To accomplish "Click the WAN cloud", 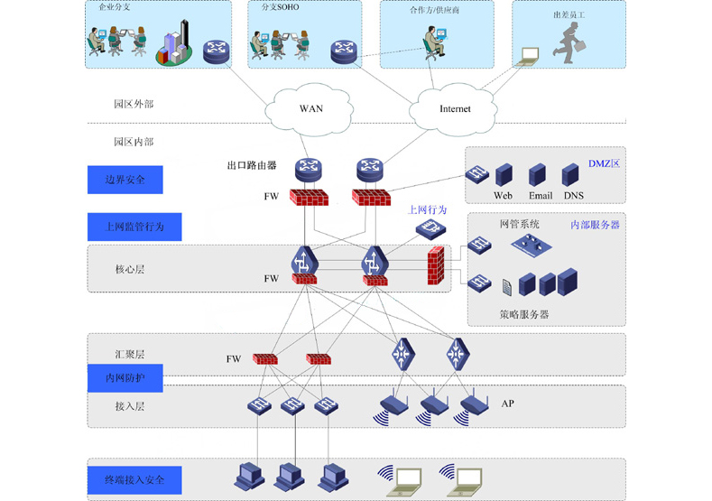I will click(x=310, y=107).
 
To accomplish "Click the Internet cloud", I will click(x=454, y=108).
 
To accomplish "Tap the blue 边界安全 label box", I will click(x=125, y=180).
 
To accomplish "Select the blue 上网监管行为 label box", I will click(x=134, y=227).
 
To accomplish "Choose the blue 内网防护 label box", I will click(x=125, y=378).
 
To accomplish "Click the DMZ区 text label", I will click(x=604, y=163).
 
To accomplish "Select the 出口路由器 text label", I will click(x=252, y=166).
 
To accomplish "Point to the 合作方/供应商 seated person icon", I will click(x=435, y=42).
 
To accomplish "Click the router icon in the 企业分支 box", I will click(x=217, y=51).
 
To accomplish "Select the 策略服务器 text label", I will click(x=524, y=315).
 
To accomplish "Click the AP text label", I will click(x=507, y=404).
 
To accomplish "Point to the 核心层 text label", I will click(x=130, y=269).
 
